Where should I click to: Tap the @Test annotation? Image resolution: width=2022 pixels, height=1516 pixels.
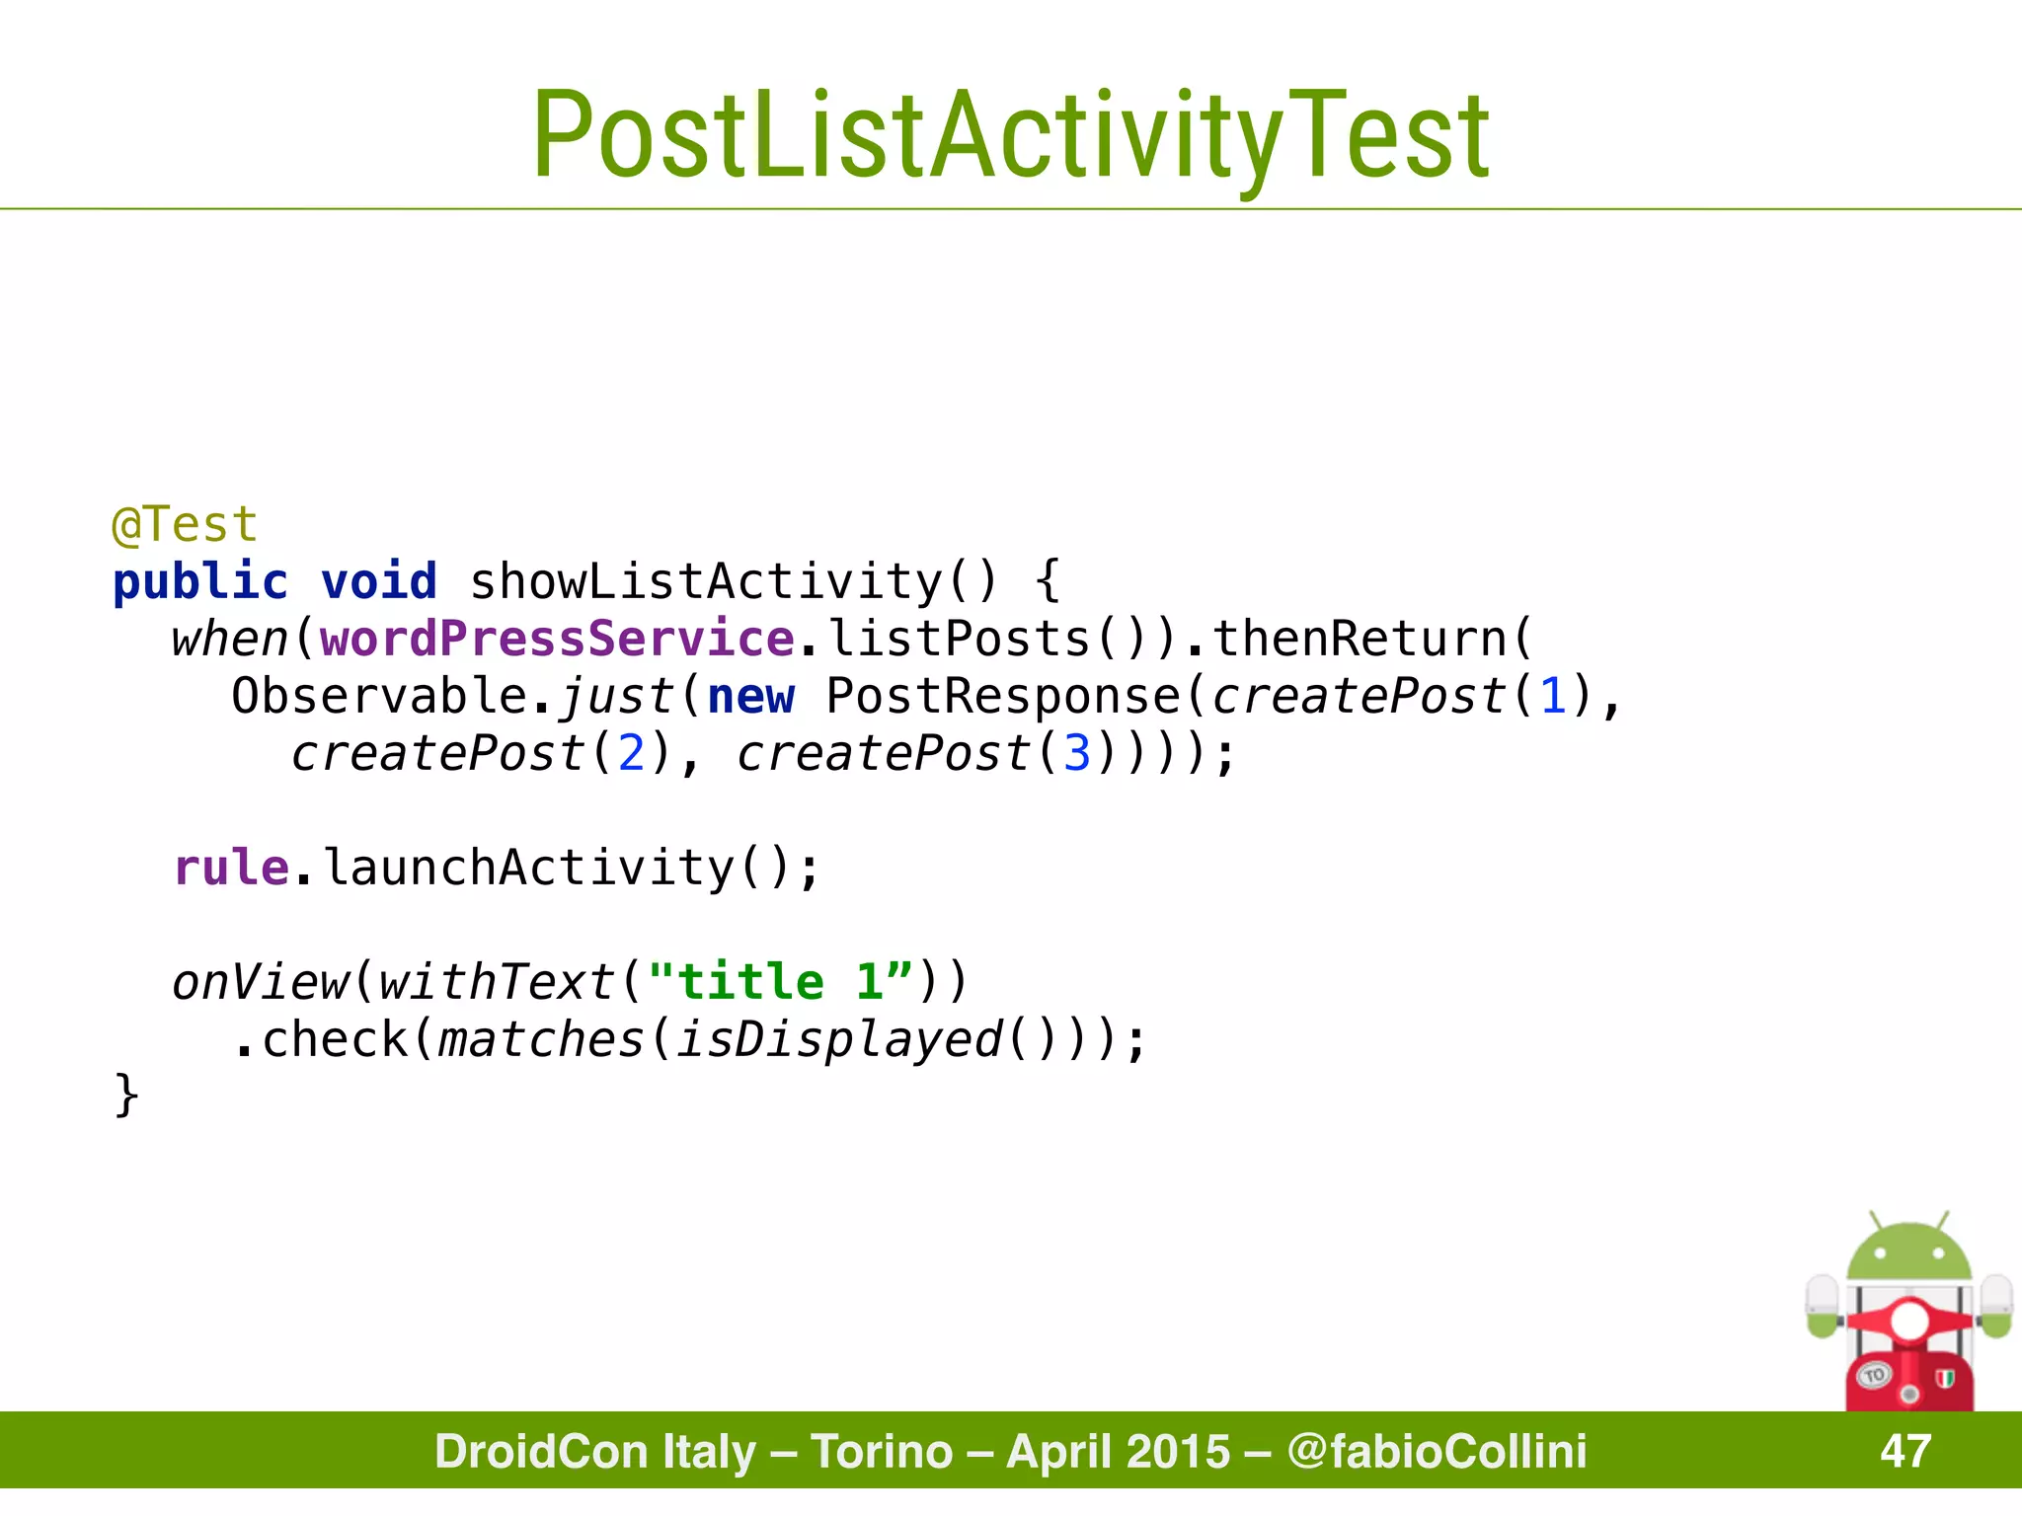[x=185, y=524]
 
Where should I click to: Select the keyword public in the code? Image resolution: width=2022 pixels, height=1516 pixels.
[x=200, y=581]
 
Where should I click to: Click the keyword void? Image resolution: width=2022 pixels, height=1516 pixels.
[x=379, y=581]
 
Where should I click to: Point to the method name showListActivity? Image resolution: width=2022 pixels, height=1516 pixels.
[x=707, y=581]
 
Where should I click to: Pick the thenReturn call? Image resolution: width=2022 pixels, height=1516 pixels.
[x=1358, y=639]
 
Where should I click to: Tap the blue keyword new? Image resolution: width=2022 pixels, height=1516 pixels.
[x=750, y=696]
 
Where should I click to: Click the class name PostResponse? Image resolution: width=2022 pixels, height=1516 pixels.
[x=1003, y=696]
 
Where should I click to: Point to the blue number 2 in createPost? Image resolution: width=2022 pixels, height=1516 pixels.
[x=631, y=753]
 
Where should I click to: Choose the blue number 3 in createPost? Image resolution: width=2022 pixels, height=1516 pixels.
[x=1076, y=753]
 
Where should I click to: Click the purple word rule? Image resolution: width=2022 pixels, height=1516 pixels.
[x=231, y=868]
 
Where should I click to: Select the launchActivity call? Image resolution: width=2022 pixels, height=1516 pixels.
[x=528, y=868]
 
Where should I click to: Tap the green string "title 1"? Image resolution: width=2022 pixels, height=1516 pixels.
[x=780, y=982]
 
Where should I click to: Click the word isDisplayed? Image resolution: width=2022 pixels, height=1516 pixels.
[x=839, y=1039]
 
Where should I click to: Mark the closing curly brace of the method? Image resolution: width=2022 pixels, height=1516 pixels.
[x=126, y=1096]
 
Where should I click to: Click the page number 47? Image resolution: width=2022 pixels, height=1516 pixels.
[x=1905, y=1451]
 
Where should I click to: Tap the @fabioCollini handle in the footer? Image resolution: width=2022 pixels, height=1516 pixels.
[x=1437, y=1451]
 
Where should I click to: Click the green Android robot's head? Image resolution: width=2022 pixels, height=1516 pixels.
[x=1908, y=1251]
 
